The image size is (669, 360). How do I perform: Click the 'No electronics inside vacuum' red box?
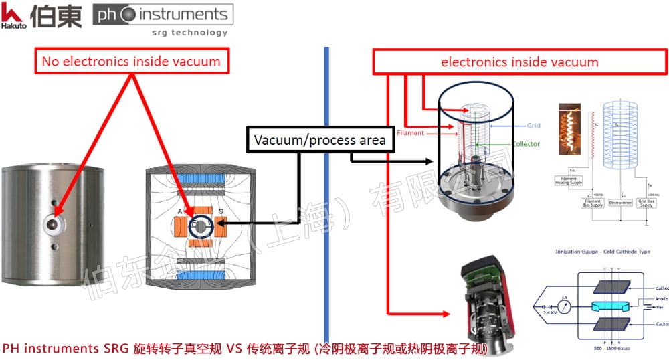tap(130, 62)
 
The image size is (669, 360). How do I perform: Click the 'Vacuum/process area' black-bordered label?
tap(319, 140)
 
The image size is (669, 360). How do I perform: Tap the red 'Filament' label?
tap(410, 133)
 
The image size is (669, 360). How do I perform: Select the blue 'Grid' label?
tap(533, 125)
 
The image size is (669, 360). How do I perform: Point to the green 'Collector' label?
tap(526, 143)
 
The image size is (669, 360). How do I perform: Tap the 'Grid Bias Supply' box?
tap(646, 202)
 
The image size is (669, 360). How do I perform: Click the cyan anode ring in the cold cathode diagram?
tap(603, 304)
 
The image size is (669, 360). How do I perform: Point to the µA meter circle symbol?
tap(563, 308)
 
